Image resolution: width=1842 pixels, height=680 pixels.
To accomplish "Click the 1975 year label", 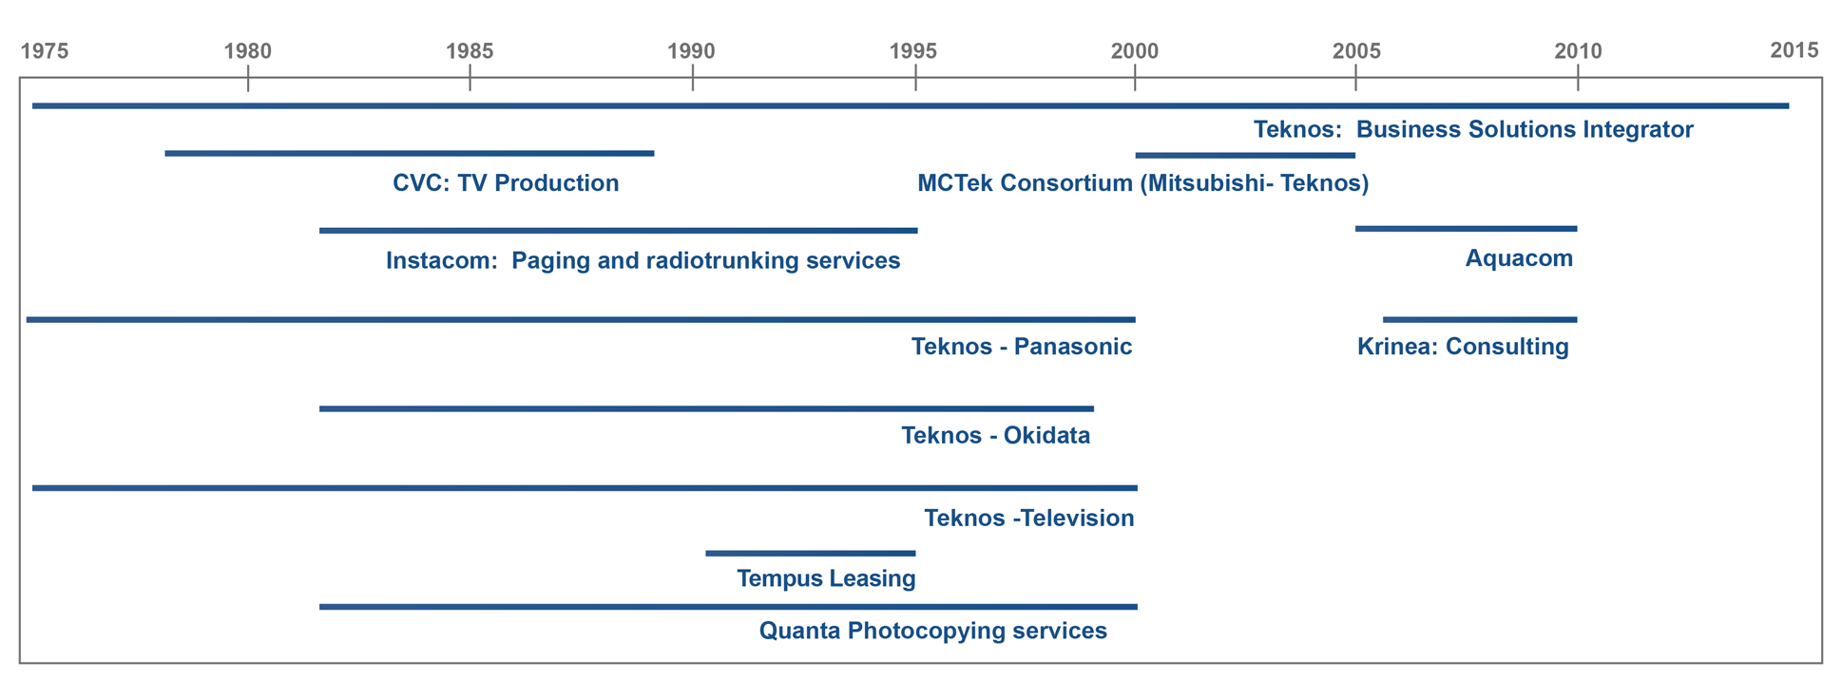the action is [45, 50].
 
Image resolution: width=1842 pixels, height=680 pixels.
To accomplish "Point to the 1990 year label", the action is [691, 50].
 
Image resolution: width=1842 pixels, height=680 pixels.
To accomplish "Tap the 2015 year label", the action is [1794, 49].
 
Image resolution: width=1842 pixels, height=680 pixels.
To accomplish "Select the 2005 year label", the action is [1356, 50].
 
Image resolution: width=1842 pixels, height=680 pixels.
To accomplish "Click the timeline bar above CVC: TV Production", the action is [410, 153].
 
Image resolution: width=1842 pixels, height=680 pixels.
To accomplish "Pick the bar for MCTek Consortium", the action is [1245, 155].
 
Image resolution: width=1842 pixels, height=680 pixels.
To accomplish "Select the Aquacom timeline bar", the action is [1466, 229].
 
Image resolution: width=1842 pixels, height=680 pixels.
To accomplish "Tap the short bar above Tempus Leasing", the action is [810, 553].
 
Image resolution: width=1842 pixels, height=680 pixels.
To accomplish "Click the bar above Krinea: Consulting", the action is [1480, 320].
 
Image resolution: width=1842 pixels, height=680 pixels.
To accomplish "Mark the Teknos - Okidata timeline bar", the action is [706, 409].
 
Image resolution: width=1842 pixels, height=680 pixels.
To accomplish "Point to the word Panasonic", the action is [1073, 347].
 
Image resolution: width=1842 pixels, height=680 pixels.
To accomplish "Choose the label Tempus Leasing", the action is [826, 578].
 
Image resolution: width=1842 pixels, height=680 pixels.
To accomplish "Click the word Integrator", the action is [1638, 130].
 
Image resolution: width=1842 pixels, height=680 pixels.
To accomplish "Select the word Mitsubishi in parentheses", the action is [1204, 183].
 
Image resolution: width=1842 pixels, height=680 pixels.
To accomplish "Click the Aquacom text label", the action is [1519, 258].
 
